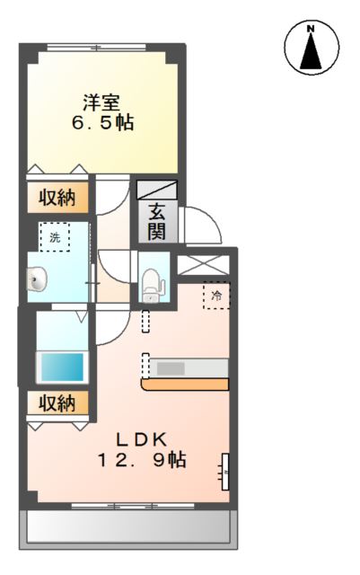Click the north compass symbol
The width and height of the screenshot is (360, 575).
coord(312,49)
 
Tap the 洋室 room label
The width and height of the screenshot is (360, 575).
coord(103,102)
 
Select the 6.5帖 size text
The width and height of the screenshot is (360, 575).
coord(103,123)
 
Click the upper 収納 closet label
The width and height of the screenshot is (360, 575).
coord(57,197)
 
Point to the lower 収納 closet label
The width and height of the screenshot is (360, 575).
coord(57,403)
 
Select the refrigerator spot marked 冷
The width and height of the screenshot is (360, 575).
coord(216,295)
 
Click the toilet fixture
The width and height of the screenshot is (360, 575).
coord(150,282)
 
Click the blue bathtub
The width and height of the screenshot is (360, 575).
coord(60,367)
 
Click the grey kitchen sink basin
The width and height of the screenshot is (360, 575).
coord(172,367)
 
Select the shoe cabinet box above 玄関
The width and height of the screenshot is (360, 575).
coord(157,190)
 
